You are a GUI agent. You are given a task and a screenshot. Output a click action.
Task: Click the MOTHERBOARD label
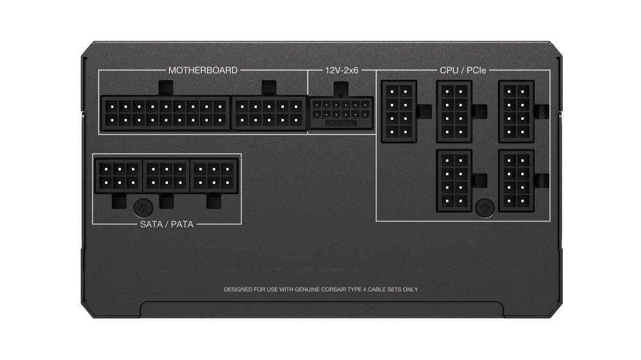[203, 70]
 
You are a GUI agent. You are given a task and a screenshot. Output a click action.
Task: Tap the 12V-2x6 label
[341, 70]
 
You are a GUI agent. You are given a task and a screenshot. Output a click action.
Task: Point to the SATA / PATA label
[167, 225]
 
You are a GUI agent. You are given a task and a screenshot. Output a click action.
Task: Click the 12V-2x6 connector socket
[341, 113]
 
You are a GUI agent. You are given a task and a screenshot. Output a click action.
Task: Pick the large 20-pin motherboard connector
[165, 113]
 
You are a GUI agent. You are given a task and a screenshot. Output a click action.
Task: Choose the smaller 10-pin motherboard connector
[269, 113]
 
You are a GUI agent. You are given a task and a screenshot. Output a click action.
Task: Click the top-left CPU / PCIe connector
[398, 111]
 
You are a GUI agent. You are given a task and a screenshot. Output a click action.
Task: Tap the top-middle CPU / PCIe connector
[454, 111]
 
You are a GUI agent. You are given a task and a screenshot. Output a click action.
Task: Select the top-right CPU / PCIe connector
[516, 111]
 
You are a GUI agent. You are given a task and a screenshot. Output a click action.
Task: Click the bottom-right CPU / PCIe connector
[516, 181]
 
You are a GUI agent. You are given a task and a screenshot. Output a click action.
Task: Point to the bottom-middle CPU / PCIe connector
[454, 181]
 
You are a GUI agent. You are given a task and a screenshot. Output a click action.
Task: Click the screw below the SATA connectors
[143, 207]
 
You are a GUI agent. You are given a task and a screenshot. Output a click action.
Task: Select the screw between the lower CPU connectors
[485, 206]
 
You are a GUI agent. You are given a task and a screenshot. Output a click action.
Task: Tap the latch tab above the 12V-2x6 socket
[341, 88]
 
